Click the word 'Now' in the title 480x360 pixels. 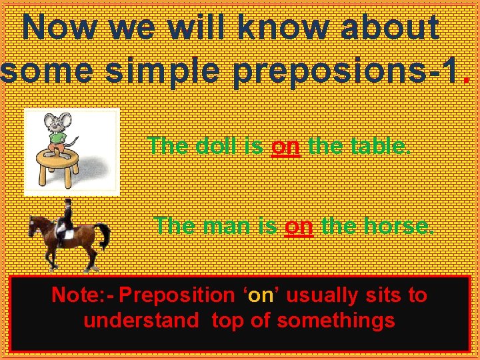tap(59, 28)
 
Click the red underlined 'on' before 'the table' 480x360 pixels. tap(286, 145)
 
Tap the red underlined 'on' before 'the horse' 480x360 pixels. tap(299, 226)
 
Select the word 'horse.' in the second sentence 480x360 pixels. tap(398, 226)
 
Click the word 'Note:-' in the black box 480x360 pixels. tap(81, 295)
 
